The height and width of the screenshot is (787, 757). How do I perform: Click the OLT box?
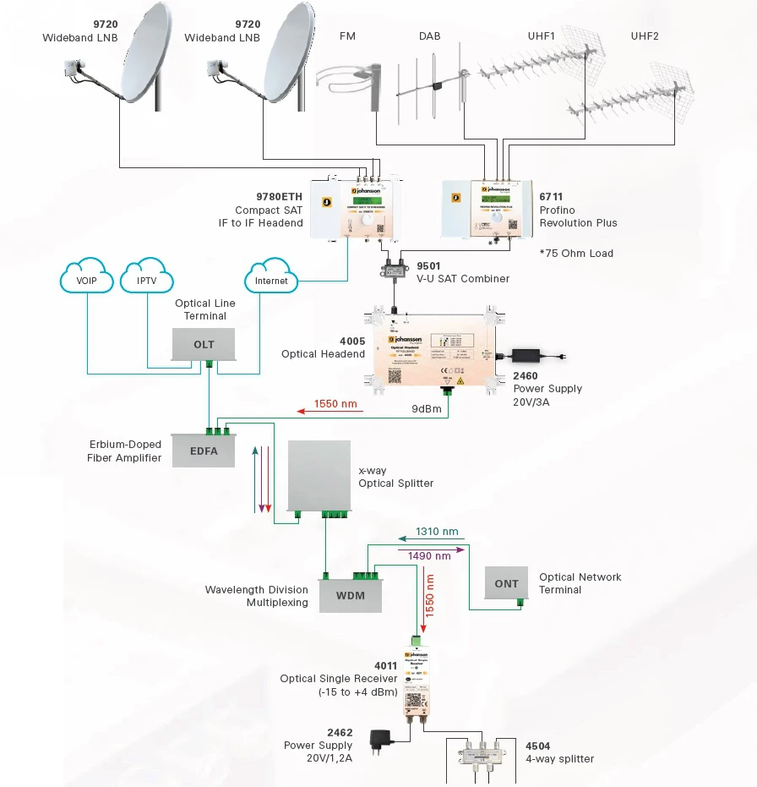click(x=204, y=344)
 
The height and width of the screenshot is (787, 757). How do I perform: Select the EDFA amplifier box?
click(x=204, y=451)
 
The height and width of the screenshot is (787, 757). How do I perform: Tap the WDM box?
click(x=350, y=595)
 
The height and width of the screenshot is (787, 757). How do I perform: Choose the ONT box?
click(x=507, y=583)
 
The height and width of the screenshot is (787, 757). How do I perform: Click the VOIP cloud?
click(x=87, y=280)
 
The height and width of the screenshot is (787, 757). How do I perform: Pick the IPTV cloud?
click(x=146, y=280)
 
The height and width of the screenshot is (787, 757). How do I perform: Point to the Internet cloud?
click(x=271, y=280)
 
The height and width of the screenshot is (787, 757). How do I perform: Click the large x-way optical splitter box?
click(x=319, y=475)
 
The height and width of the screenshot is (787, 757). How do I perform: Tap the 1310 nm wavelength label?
click(x=437, y=532)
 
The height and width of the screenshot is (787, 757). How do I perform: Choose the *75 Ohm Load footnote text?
click(x=576, y=254)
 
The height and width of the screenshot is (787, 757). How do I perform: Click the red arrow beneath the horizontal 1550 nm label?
click(x=329, y=412)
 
